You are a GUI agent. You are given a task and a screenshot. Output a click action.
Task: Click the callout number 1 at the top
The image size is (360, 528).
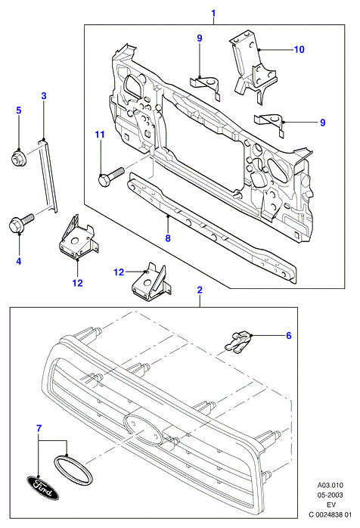[213, 14]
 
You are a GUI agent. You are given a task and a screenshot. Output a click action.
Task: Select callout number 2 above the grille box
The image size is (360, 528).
[200, 290]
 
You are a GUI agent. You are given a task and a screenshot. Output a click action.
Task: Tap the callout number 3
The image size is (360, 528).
[44, 96]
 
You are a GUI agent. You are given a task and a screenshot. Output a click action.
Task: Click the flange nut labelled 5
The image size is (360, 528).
[16, 157]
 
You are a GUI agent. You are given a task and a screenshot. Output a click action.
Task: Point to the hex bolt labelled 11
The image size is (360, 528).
[110, 176]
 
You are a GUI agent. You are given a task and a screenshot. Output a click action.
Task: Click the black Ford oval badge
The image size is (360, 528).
[42, 488]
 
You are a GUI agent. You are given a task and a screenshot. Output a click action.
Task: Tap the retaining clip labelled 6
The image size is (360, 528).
[238, 342]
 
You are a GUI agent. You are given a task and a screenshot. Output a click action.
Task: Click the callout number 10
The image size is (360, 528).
[299, 49]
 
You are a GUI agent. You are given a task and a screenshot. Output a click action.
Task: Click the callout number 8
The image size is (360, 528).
[168, 238]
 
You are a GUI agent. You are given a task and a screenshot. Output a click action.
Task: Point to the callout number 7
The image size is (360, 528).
[39, 429]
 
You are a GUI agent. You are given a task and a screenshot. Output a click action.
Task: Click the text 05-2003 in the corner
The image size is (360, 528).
[331, 495]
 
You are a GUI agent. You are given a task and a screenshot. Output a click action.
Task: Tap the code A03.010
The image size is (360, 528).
[331, 485]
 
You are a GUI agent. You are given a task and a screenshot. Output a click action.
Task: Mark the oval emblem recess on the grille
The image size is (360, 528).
[144, 430]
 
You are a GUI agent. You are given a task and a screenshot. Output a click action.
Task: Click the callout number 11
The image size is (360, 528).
[100, 135]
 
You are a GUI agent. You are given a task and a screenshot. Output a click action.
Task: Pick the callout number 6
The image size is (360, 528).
[289, 336]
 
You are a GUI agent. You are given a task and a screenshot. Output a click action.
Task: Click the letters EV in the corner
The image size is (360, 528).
[331, 505]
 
